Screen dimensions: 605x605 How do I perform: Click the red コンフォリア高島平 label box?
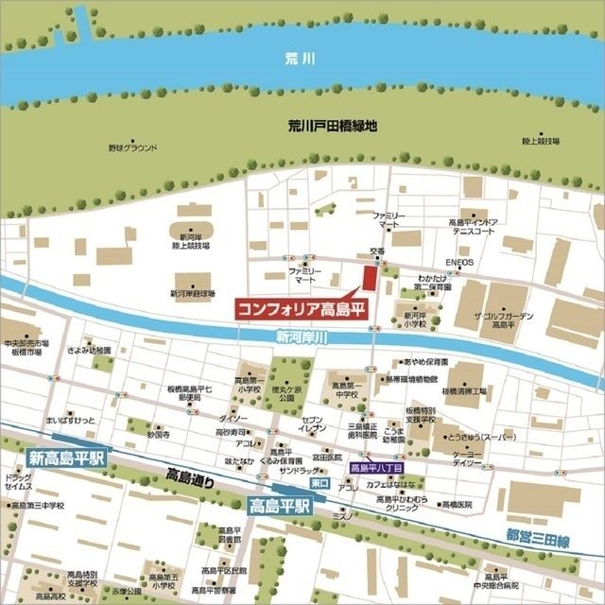coord(301,308)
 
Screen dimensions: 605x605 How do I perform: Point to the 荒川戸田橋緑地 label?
coord(333,125)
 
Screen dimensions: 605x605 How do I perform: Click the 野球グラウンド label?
coord(132,147)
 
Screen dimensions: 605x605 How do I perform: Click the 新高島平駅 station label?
coord(67,458)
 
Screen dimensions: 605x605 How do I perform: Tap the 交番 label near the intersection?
coord(377,251)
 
